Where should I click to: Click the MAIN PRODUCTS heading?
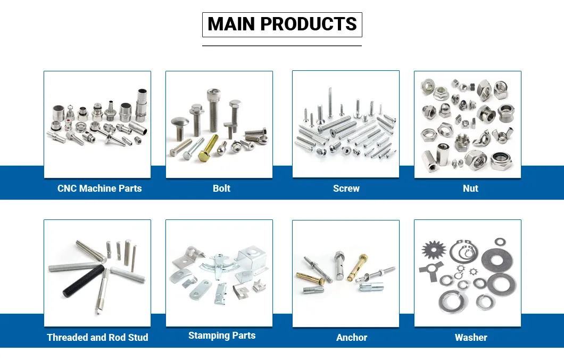[282, 24]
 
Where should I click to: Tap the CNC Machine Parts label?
[99, 189]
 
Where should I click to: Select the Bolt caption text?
[221, 189]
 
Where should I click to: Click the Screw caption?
[346, 189]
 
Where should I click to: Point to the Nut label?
[470, 189]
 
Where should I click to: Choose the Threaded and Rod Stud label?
[97, 337]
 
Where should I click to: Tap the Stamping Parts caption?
[222, 336]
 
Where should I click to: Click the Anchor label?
[352, 337]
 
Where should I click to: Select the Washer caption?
[471, 337]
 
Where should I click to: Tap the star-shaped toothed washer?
[434, 249]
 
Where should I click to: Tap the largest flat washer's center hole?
[497, 259]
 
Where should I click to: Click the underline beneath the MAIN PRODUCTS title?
[282, 46]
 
